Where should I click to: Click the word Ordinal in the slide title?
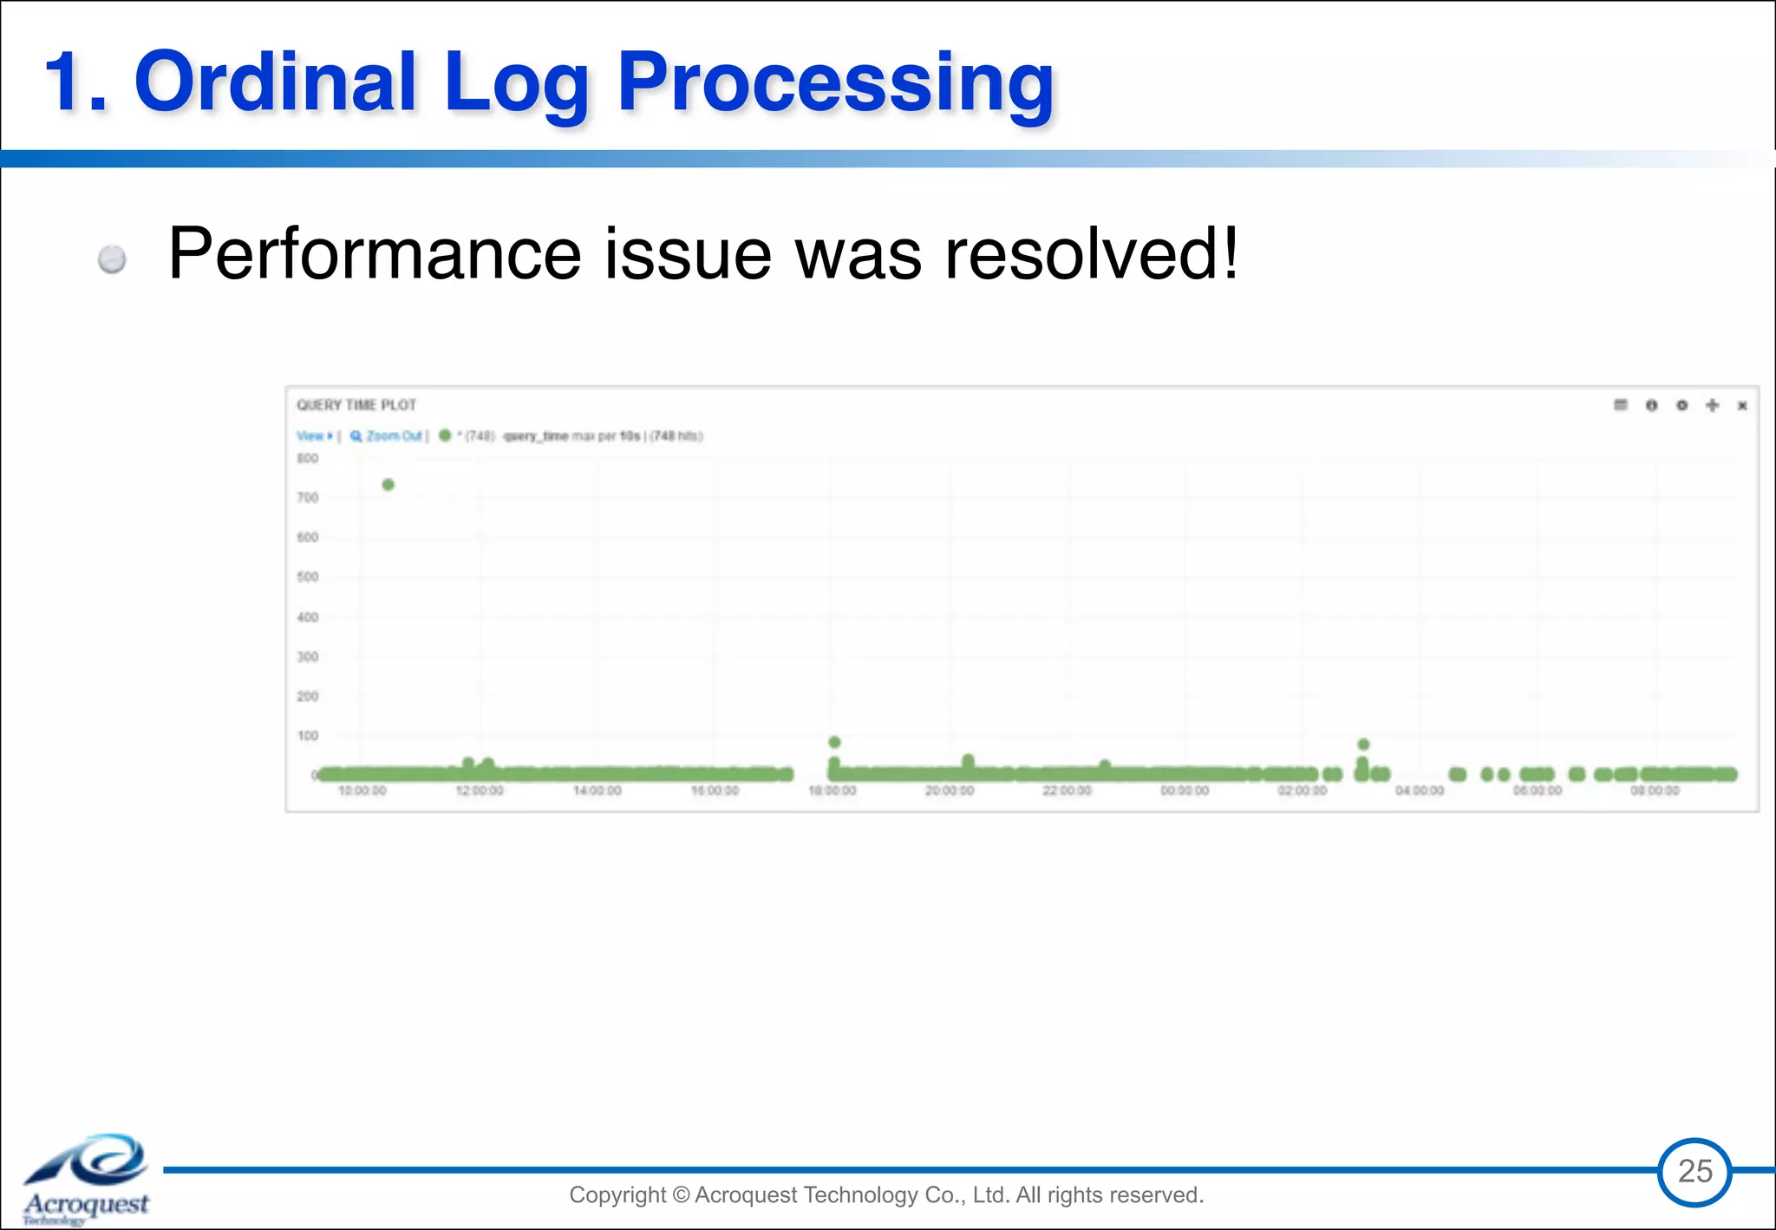point(275,82)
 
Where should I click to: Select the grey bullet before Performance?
point(112,259)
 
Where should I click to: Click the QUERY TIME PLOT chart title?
point(356,405)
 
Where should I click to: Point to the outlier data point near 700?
point(388,485)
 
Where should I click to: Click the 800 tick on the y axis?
point(308,458)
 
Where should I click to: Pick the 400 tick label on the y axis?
point(308,617)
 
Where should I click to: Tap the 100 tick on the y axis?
point(308,736)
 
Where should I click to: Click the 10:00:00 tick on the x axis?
point(362,791)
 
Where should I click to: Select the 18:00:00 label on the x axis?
point(832,791)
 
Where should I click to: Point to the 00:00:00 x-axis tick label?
point(1185,791)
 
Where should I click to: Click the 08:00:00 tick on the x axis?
point(1655,791)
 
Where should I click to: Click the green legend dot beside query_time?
point(445,435)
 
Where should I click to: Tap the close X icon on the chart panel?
point(1742,406)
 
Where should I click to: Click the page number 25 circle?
point(1694,1172)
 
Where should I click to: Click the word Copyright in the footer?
point(617,1195)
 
